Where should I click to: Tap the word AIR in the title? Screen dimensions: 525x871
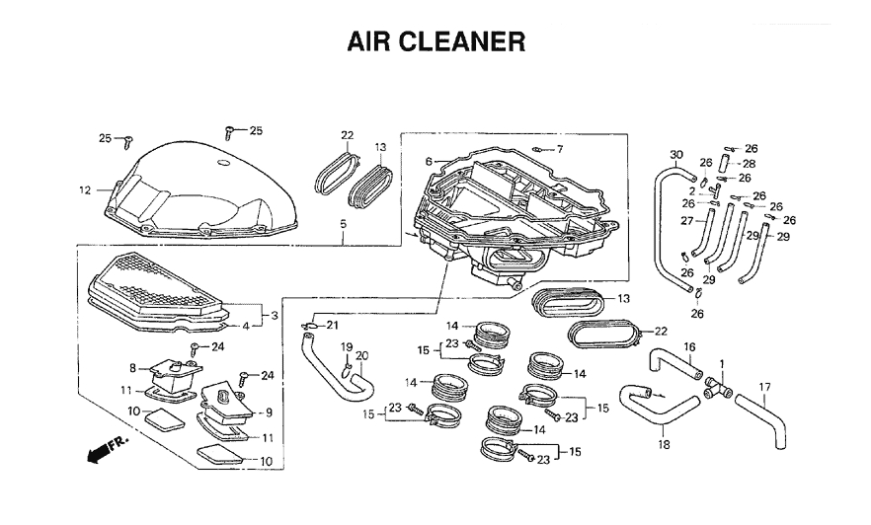[369, 42]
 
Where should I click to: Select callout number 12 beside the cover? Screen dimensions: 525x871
[85, 189]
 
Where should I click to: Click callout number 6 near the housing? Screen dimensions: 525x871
[430, 161]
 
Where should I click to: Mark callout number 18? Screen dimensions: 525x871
[664, 445]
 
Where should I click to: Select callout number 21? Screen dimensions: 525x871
[332, 326]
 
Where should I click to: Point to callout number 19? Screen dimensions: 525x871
[347, 346]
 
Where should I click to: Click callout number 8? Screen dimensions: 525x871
[132, 368]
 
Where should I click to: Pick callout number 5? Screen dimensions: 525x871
[342, 224]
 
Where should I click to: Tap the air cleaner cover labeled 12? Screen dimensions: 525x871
[198, 187]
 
